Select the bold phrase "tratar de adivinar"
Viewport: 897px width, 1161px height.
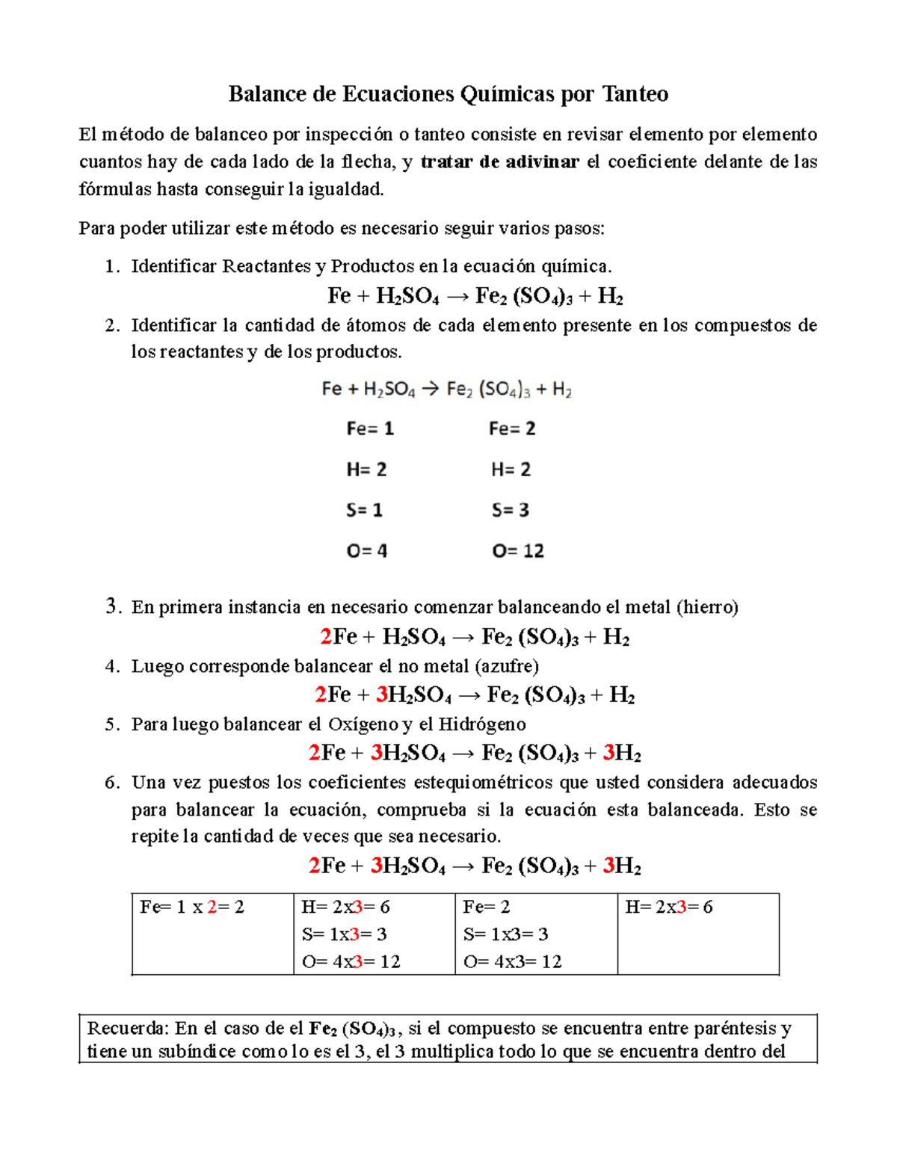(499, 162)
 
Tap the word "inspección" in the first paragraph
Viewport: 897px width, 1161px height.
(348, 135)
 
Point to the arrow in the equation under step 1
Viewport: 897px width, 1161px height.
(457, 297)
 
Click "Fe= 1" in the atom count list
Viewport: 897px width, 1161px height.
(369, 429)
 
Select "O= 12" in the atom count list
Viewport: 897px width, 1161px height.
(517, 551)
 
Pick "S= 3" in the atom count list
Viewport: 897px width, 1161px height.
(510, 511)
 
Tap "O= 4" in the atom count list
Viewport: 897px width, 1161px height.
(366, 551)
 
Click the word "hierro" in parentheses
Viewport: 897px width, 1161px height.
(706, 607)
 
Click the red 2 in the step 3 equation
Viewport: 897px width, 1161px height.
(326, 637)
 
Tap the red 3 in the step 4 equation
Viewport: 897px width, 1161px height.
(381, 695)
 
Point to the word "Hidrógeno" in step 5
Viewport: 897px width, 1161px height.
(481, 724)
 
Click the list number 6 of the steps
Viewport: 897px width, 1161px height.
(111, 783)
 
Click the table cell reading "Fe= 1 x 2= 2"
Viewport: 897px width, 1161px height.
(192, 908)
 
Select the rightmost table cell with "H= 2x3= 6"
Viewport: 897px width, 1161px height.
(668, 908)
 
